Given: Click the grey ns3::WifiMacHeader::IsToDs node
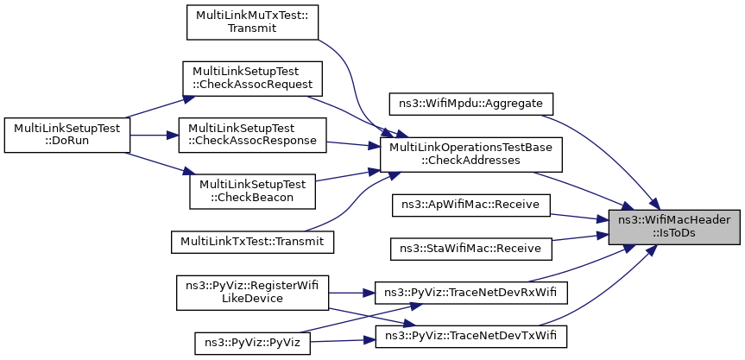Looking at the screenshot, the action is [674, 227].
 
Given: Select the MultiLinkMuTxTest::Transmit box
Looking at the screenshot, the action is [252, 22].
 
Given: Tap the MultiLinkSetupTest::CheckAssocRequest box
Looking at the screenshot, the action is [253, 79].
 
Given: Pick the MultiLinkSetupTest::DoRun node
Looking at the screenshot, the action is [67, 135].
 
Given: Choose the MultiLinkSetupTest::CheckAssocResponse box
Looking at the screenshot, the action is [252, 135].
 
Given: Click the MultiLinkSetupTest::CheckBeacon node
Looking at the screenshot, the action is [252, 191].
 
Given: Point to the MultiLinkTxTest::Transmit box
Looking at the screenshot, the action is [252, 241].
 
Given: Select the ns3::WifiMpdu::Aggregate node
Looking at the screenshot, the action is [471, 104].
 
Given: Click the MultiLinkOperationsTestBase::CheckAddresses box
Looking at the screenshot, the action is [471, 155].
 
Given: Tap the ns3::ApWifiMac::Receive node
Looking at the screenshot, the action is [470, 205].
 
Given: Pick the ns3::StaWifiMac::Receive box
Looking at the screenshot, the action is [470, 249].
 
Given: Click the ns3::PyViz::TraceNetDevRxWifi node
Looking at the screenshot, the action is [470, 293].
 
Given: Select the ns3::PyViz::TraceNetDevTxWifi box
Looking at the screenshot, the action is [470, 336].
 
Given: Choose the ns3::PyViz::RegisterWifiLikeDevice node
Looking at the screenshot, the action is [252, 293].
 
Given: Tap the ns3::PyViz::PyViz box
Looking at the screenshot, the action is [252, 343].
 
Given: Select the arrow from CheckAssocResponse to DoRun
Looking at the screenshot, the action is [154, 135].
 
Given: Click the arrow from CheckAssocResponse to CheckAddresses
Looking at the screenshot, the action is [353, 145].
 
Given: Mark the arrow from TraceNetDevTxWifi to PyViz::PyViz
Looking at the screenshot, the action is [343, 340].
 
